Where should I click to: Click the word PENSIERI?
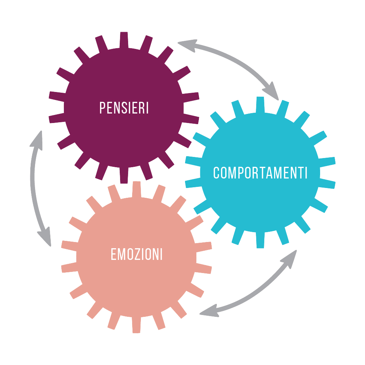click(x=124, y=108)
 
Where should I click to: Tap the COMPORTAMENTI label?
click(x=260, y=173)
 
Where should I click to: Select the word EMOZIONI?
click(x=137, y=254)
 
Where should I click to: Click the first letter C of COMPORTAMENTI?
click(x=217, y=173)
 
